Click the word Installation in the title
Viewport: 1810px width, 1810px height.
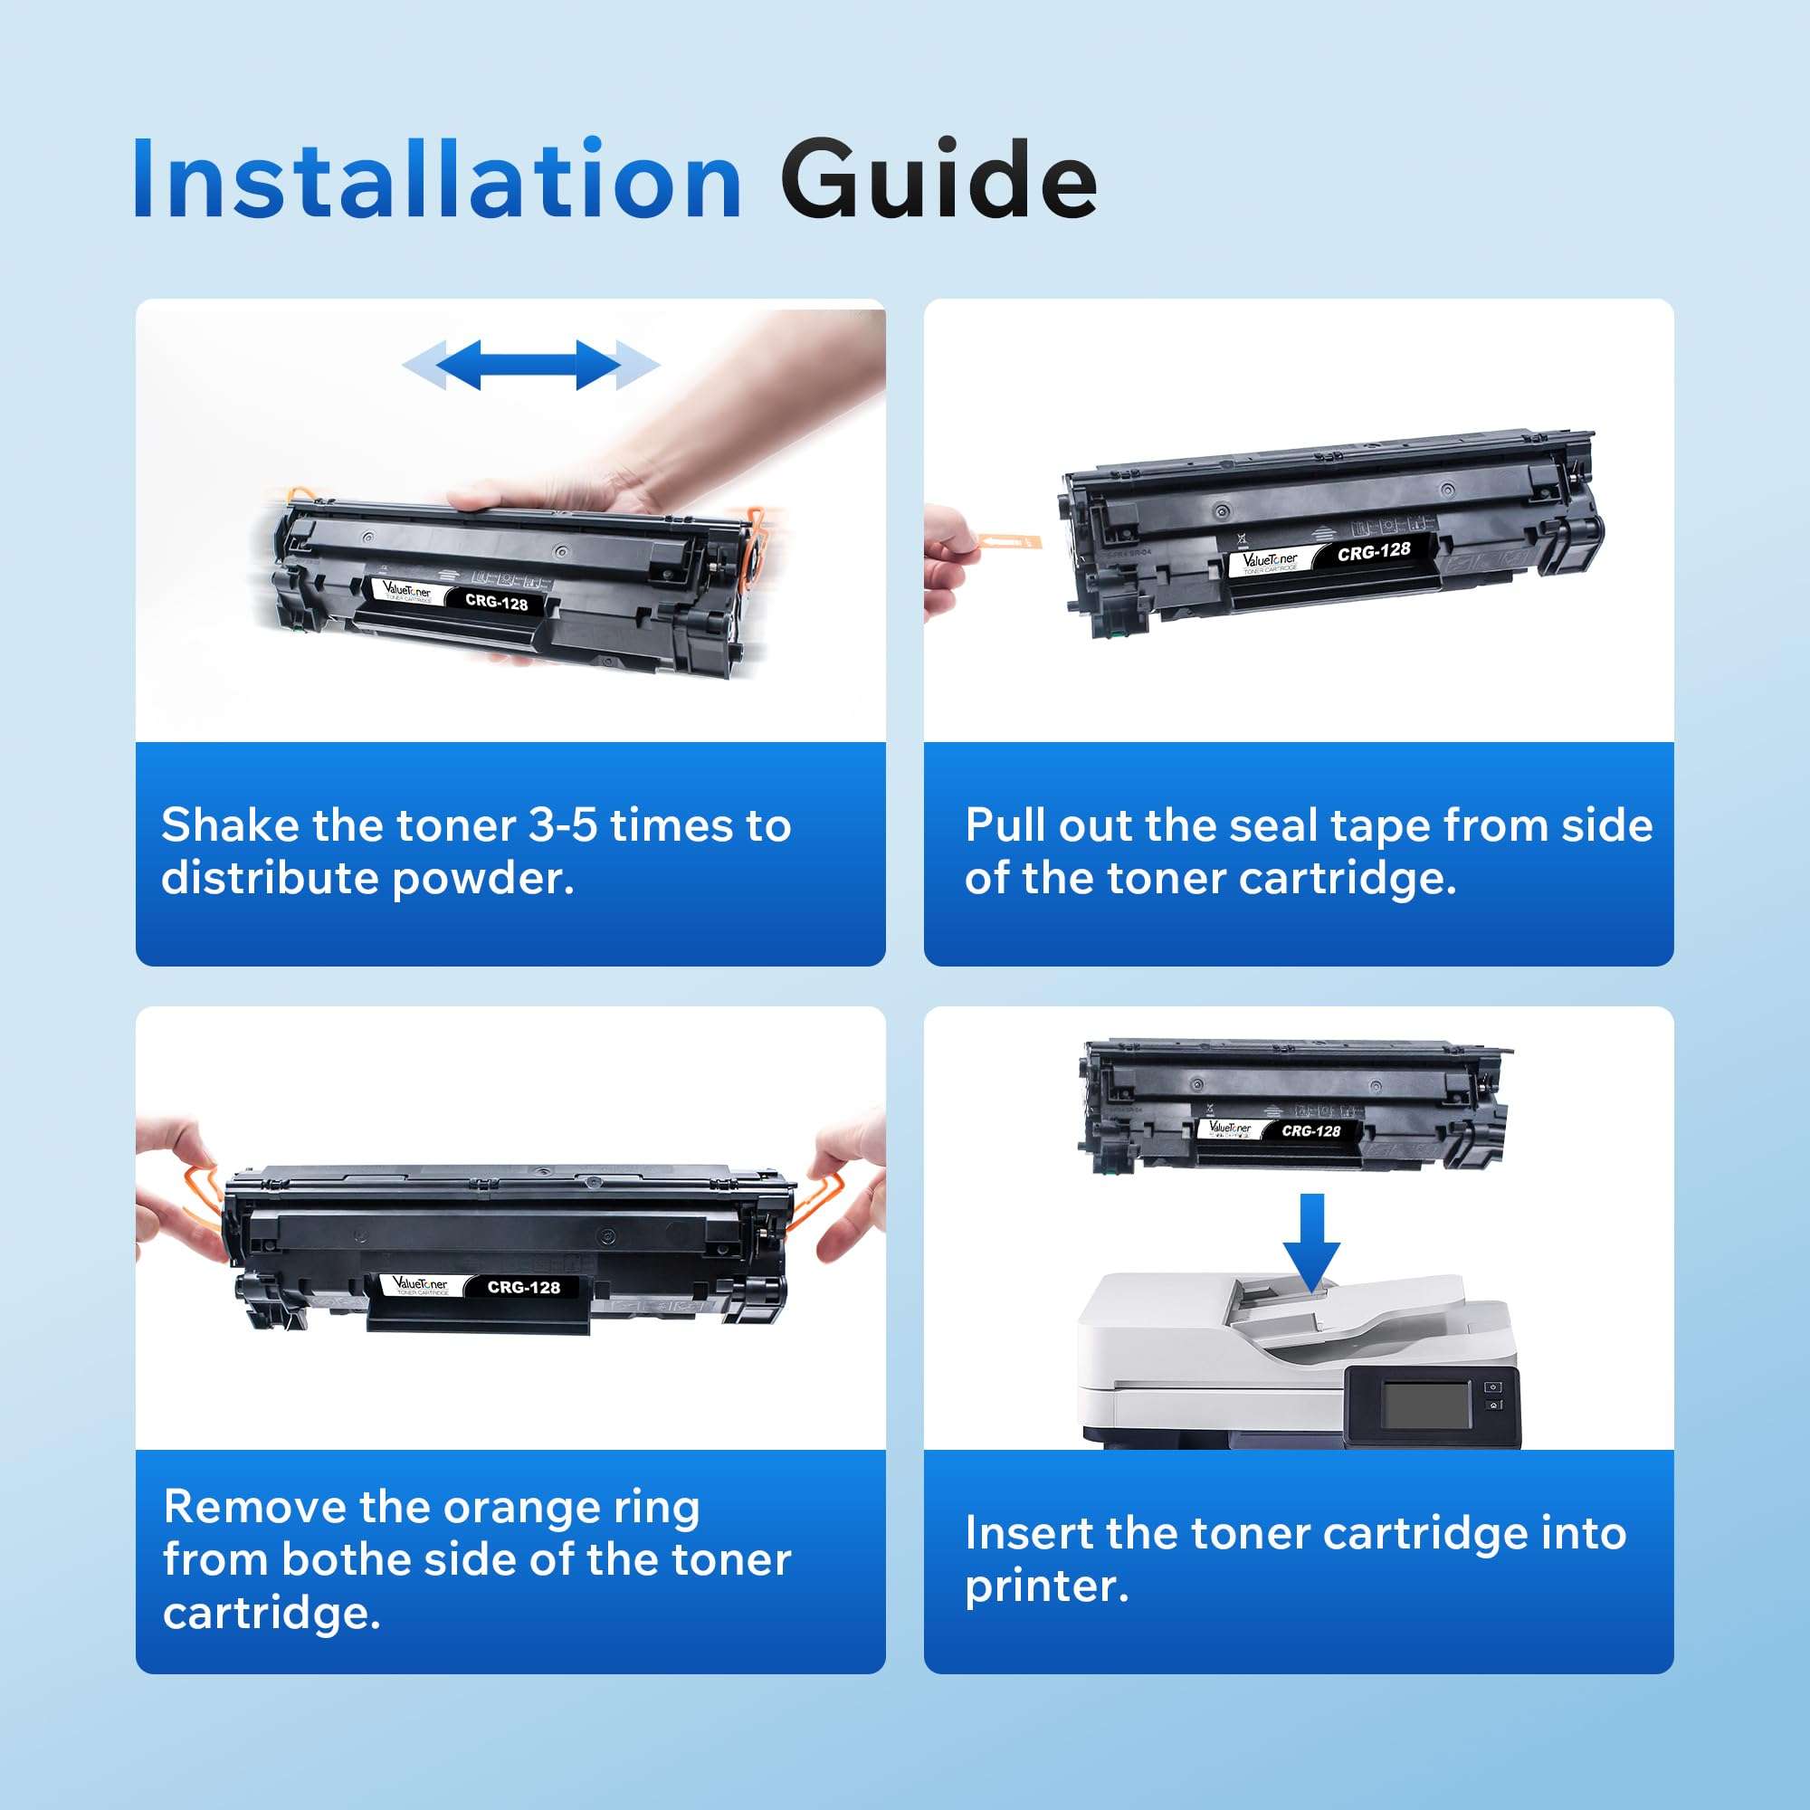pos(436,180)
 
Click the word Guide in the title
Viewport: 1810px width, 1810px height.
pos(938,180)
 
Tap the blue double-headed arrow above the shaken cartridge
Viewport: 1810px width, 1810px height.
pos(530,365)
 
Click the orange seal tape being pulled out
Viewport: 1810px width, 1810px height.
pos(1009,541)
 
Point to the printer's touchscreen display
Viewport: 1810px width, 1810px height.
pos(1426,1406)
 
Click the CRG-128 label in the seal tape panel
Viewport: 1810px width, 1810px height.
pos(1374,552)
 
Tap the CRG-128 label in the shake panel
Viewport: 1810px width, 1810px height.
pos(497,602)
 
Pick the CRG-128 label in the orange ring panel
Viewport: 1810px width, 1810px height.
pos(524,1288)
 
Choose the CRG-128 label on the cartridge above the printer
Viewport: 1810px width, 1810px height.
pos(1310,1130)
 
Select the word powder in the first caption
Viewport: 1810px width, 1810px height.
pos(482,879)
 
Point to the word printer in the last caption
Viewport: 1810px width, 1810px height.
pos(1046,1586)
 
